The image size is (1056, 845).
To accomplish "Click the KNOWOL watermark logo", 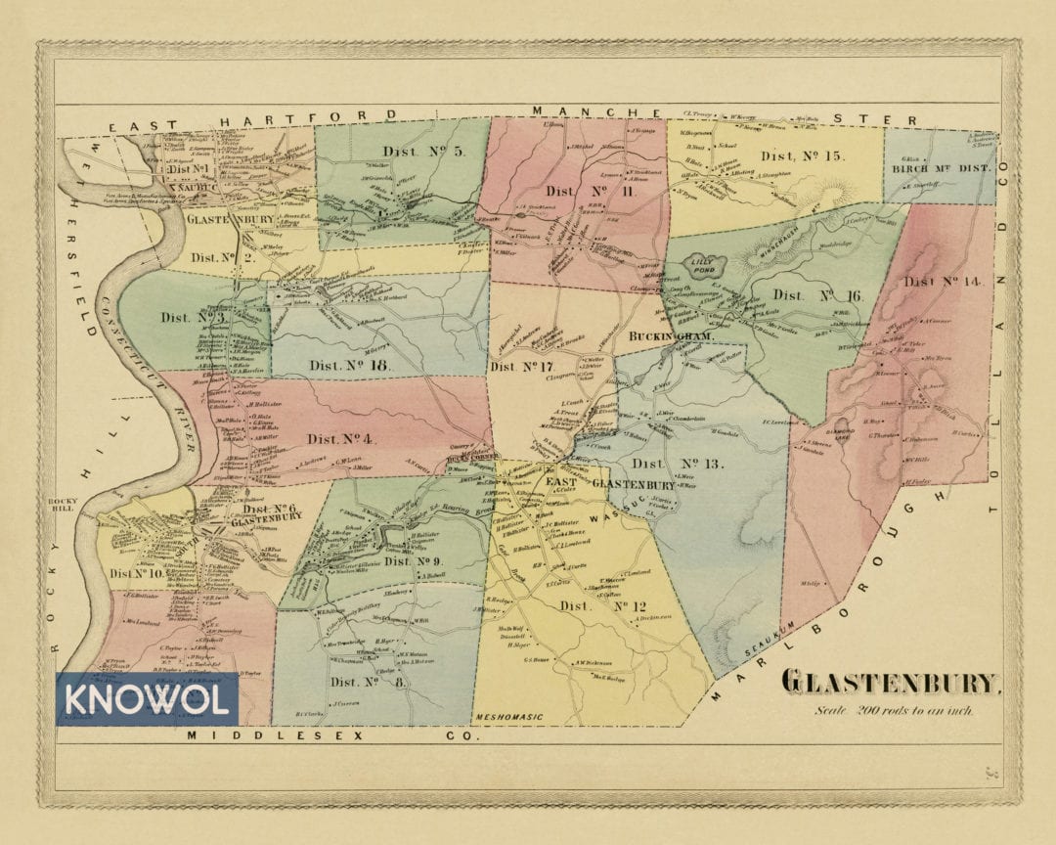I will coord(147,698).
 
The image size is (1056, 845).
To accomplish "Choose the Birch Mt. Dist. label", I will coord(942,168).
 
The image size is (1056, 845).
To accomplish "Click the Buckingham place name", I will coord(673,336).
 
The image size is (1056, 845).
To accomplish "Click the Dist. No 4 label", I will coord(341,439).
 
